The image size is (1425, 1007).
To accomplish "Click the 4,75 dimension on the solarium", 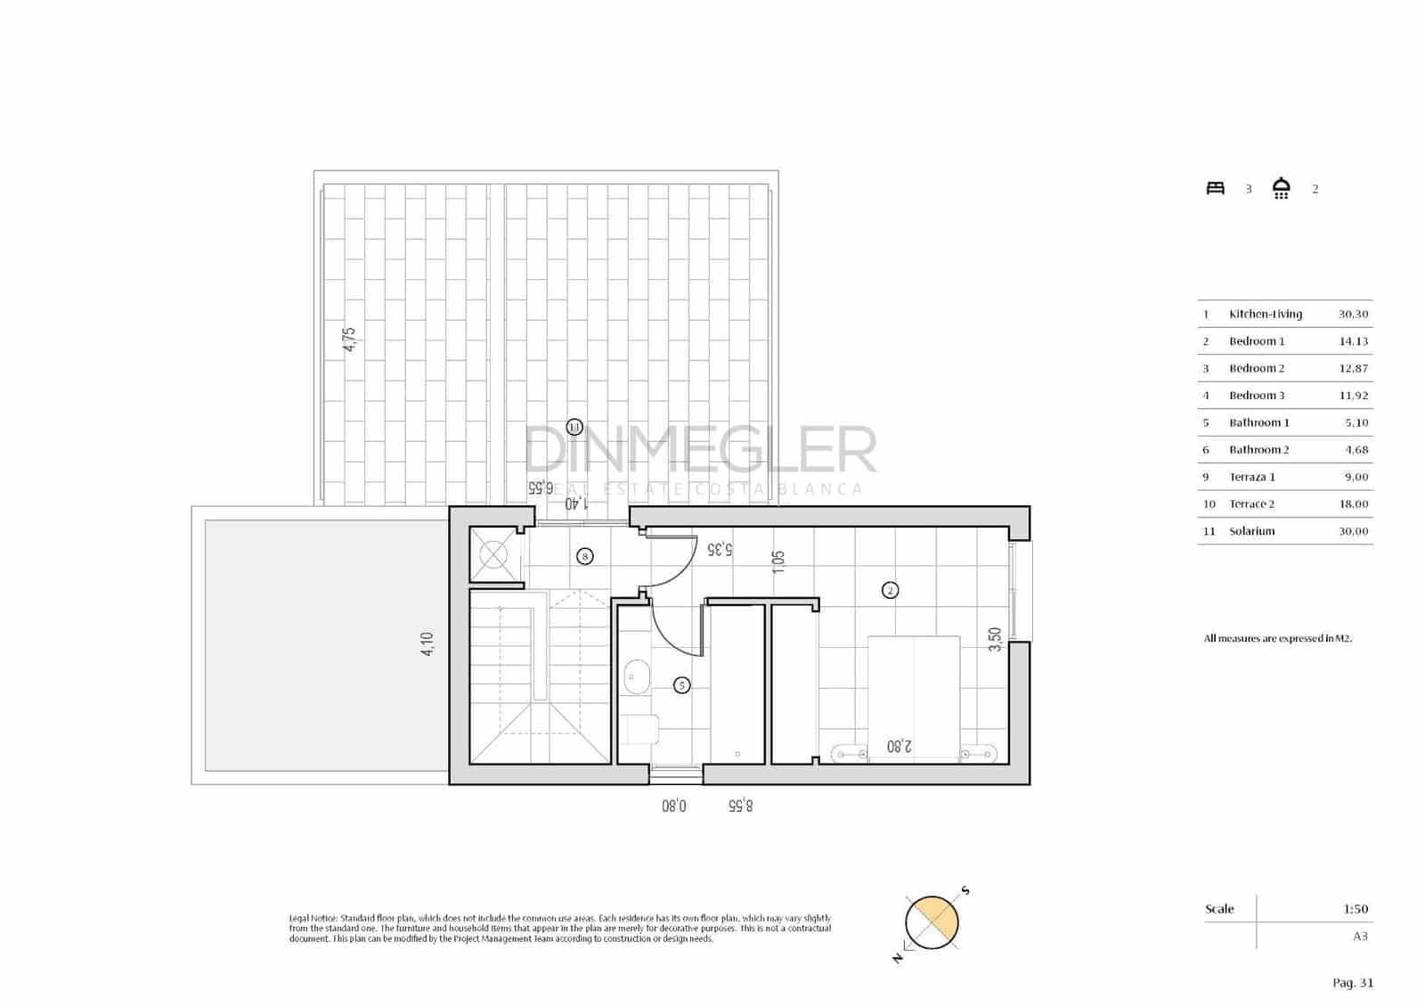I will pyautogui.click(x=350, y=340).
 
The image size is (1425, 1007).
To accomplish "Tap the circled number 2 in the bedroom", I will pyautogui.click(x=890, y=590).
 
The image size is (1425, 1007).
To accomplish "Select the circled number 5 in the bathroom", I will pyautogui.click(x=681, y=685).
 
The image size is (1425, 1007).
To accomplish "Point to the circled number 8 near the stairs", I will pyautogui.click(x=585, y=556).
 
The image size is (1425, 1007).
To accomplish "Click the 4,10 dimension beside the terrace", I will pyautogui.click(x=427, y=644).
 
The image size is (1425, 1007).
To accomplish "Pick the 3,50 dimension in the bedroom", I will pyautogui.click(x=996, y=639).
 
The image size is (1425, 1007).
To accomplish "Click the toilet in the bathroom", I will pyautogui.click(x=642, y=730).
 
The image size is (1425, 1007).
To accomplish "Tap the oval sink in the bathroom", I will pyautogui.click(x=636, y=677).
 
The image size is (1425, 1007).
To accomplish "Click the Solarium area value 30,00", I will pyautogui.click(x=1353, y=531).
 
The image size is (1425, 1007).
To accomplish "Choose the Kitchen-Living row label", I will pyautogui.click(x=1265, y=315).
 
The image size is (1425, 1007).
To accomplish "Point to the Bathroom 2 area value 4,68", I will pyautogui.click(x=1356, y=450).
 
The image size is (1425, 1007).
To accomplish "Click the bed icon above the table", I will pyautogui.click(x=1216, y=188).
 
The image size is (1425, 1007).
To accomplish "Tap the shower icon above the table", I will pyautogui.click(x=1282, y=188).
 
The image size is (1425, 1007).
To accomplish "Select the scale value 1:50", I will pyautogui.click(x=1356, y=909).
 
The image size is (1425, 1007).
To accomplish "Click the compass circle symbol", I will pyautogui.click(x=932, y=922).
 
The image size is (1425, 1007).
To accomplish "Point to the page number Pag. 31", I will pyautogui.click(x=1353, y=983).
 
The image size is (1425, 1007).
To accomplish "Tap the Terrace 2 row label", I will pyautogui.click(x=1251, y=504).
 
